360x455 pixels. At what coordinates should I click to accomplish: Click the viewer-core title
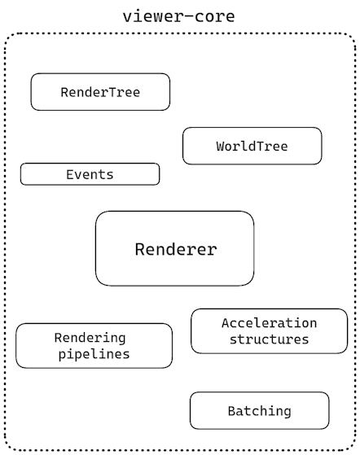click(179, 16)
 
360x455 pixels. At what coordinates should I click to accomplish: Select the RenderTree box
click(100, 92)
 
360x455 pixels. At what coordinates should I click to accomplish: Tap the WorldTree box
click(252, 146)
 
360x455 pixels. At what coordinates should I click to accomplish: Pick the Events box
click(90, 174)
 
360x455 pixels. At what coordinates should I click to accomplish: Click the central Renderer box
click(174, 249)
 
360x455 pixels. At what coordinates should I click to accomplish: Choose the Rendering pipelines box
click(94, 346)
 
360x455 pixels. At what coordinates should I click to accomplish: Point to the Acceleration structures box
click(269, 331)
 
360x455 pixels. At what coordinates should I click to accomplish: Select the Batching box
click(260, 410)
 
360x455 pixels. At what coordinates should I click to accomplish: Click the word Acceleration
click(269, 323)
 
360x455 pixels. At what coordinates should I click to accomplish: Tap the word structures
click(269, 339)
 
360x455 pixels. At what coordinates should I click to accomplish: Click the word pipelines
click(94, 355)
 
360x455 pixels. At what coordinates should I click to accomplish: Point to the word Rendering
click(90, 339)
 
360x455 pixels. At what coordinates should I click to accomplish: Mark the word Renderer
click(176, 249)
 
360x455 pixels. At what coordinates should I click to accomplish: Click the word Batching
click(260, 412)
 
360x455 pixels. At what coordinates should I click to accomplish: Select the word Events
click(90, 175)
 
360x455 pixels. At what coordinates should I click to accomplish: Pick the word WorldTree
click(252, 146)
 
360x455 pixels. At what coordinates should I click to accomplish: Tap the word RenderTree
click(100, 92)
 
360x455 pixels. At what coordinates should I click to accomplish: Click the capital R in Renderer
click(140, 249)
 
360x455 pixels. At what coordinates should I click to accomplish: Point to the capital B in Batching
click(231, 411)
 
